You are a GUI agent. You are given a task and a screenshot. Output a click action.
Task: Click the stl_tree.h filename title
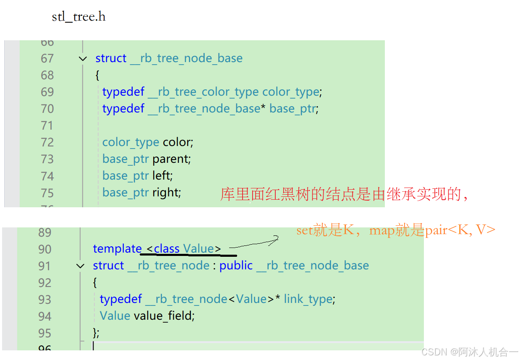point(78,17)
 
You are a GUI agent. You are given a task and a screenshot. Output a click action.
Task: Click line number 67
point(47,58)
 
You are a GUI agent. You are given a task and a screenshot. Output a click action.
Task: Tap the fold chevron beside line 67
point(83,59)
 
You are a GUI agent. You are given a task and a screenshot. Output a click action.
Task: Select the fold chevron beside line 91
point(80,266)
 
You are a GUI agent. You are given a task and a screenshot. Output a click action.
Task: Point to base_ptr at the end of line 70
point(292,109)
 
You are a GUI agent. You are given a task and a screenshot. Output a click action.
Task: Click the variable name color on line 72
point(177,142)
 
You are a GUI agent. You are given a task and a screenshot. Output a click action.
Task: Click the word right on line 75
point(165,193)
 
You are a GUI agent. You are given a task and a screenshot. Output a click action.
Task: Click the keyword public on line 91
point(236,266)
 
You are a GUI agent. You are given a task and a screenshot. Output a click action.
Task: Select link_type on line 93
point(308,299)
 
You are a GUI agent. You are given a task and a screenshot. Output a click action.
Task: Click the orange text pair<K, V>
point(460,230)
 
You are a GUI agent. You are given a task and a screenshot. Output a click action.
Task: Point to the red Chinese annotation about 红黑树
point(343,195)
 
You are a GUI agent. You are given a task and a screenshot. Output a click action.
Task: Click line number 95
point(45,333)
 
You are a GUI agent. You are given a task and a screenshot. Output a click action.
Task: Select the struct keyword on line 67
point(111,58)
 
